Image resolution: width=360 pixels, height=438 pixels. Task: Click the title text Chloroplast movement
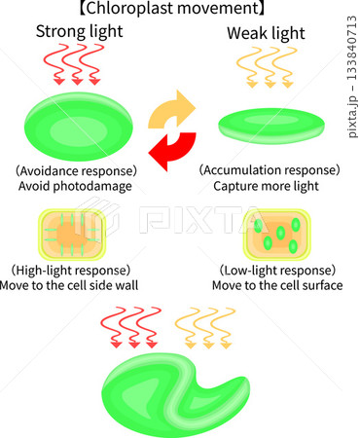172,9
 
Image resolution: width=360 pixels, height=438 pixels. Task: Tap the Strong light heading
80,32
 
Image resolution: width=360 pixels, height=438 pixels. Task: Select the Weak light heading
266,33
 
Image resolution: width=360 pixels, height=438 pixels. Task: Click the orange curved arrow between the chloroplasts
172,110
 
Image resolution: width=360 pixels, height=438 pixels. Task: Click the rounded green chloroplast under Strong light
79,127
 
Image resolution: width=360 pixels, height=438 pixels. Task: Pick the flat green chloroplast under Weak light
271,126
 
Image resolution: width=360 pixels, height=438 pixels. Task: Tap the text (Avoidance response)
77,170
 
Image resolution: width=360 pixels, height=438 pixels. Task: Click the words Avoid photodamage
75,186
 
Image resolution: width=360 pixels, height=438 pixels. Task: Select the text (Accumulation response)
270,170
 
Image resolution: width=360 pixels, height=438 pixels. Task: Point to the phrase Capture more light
266,186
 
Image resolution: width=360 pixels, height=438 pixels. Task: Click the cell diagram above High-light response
72,235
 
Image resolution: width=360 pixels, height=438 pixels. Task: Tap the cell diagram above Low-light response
277,235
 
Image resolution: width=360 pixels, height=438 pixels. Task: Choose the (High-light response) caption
71,271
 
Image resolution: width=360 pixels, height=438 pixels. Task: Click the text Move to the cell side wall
69,285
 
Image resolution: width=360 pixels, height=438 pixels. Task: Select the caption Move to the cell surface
277,285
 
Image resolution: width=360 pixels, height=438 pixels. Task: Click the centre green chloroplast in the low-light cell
280,233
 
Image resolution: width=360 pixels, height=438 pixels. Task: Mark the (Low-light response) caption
277,271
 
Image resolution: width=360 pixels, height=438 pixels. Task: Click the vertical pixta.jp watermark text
352,77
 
